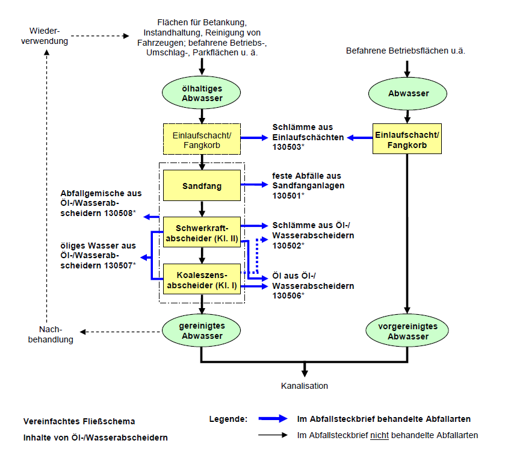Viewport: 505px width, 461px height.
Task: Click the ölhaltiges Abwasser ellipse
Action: click(x=202, y=94)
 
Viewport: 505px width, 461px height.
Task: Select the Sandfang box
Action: click(x=202, y=186)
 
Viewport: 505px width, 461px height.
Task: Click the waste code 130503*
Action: click(x=290, y=147)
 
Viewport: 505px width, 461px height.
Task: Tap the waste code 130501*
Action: click(x=290, y=196)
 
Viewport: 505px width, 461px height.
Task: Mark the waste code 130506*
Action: click(x=290, y=295)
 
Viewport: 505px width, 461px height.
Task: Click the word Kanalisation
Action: click(x=305, y=386)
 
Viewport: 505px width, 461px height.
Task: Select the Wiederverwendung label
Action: click(x=48, y=36)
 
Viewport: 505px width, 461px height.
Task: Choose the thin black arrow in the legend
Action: click(x=274, y=435)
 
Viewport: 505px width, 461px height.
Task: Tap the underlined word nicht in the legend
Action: click(x=379, y=435)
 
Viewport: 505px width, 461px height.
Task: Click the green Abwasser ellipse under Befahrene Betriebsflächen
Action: click(x=408, y=94)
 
